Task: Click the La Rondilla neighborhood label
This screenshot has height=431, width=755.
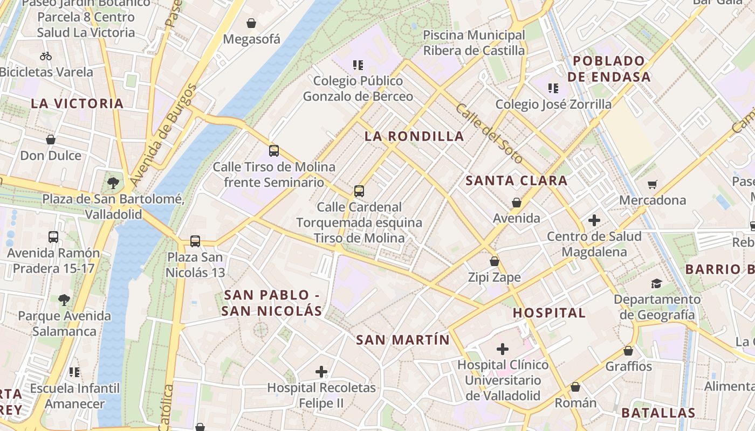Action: [x=414, y=136]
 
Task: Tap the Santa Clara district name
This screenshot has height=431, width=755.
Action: [x=516, y=180]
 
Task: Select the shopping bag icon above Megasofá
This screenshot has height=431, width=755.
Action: [x=251, y=23]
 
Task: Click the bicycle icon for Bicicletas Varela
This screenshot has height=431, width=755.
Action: [x=46, y=56]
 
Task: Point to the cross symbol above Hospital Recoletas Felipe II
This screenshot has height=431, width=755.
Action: [x=321, y=371]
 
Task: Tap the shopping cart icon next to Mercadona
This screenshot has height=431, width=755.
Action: [x=653, y=185]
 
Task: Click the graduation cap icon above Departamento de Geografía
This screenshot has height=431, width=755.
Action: [x=656, y=283]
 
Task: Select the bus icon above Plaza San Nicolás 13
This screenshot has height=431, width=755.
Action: [x=195, y=241]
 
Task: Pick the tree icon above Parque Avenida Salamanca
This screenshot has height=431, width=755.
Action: [x=64, y=300]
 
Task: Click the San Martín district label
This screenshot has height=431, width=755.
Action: [x=402, y=339]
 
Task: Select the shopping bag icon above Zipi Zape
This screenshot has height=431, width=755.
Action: [x=495, y=261]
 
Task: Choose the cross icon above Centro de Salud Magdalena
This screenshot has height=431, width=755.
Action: [x=594, y=220]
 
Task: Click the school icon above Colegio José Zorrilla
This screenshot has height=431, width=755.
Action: [x=553, y=88]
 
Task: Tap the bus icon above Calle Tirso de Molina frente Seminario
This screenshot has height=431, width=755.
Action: [x=274, y=151]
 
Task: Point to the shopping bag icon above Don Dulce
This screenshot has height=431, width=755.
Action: [x=51, y=140]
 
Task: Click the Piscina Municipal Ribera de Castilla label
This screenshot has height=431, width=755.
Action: [x=473, y=43]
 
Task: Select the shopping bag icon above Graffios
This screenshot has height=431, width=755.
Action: [x=628, y=351]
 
